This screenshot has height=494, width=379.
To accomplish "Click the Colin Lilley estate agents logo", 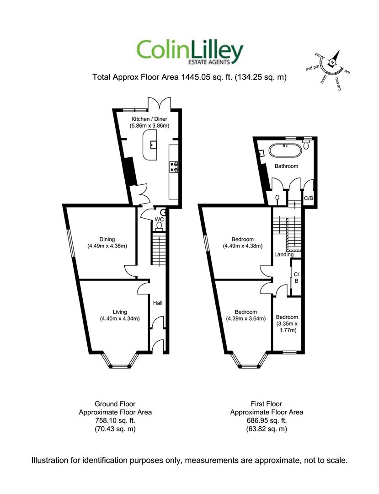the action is click(190, 53).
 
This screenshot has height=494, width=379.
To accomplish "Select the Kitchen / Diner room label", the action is click(149, 119).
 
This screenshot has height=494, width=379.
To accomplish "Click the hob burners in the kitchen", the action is click(174, 167).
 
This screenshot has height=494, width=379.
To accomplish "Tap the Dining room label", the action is click(107, 239).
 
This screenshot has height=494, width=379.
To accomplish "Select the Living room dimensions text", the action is click(120, 318).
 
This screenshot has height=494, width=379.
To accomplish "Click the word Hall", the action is click(158, 303).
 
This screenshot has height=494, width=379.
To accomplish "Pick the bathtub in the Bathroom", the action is click(286, 150).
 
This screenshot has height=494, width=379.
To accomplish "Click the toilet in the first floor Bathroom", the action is click(306, 144).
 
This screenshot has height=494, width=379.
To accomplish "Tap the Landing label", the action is click(284, 254).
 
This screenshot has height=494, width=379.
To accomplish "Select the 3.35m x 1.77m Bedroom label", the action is click(287, 323).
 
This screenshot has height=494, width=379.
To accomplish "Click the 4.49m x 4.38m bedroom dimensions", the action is click(243, 246).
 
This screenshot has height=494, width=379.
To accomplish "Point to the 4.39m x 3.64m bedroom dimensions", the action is click(246, 318).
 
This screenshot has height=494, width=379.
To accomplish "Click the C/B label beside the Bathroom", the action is click(309, 198).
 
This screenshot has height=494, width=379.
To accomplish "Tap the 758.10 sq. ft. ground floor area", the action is click(115, 420).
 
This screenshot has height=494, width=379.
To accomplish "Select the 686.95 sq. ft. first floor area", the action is click(267, 420).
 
